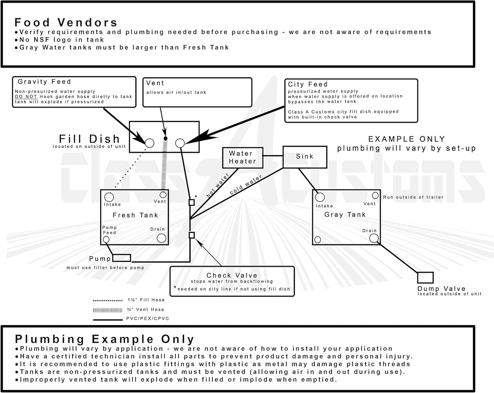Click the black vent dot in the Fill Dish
165,138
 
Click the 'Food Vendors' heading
66,23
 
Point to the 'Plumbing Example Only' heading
105,339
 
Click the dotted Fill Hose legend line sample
108,300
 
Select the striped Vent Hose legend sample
108,310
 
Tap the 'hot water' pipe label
218,185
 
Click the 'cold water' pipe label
246,185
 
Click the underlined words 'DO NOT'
26,97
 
